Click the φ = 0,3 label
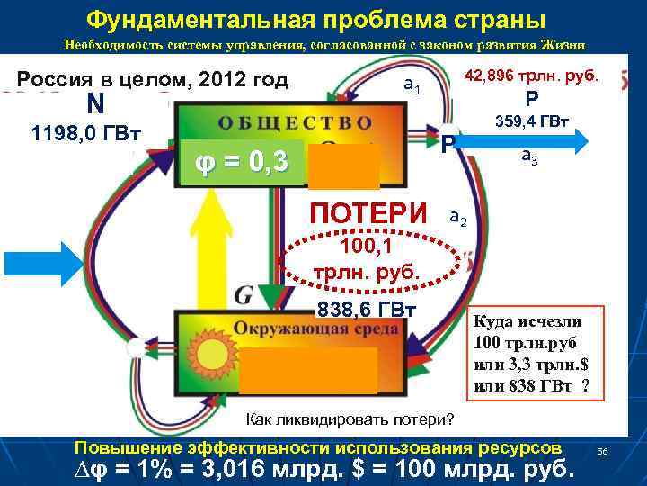[x=242, y=163]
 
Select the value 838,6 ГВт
[x=366, y=310]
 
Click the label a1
[x=412, y=86]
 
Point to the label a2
[x=457, y=219]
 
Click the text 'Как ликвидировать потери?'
[x=350, y=420]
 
